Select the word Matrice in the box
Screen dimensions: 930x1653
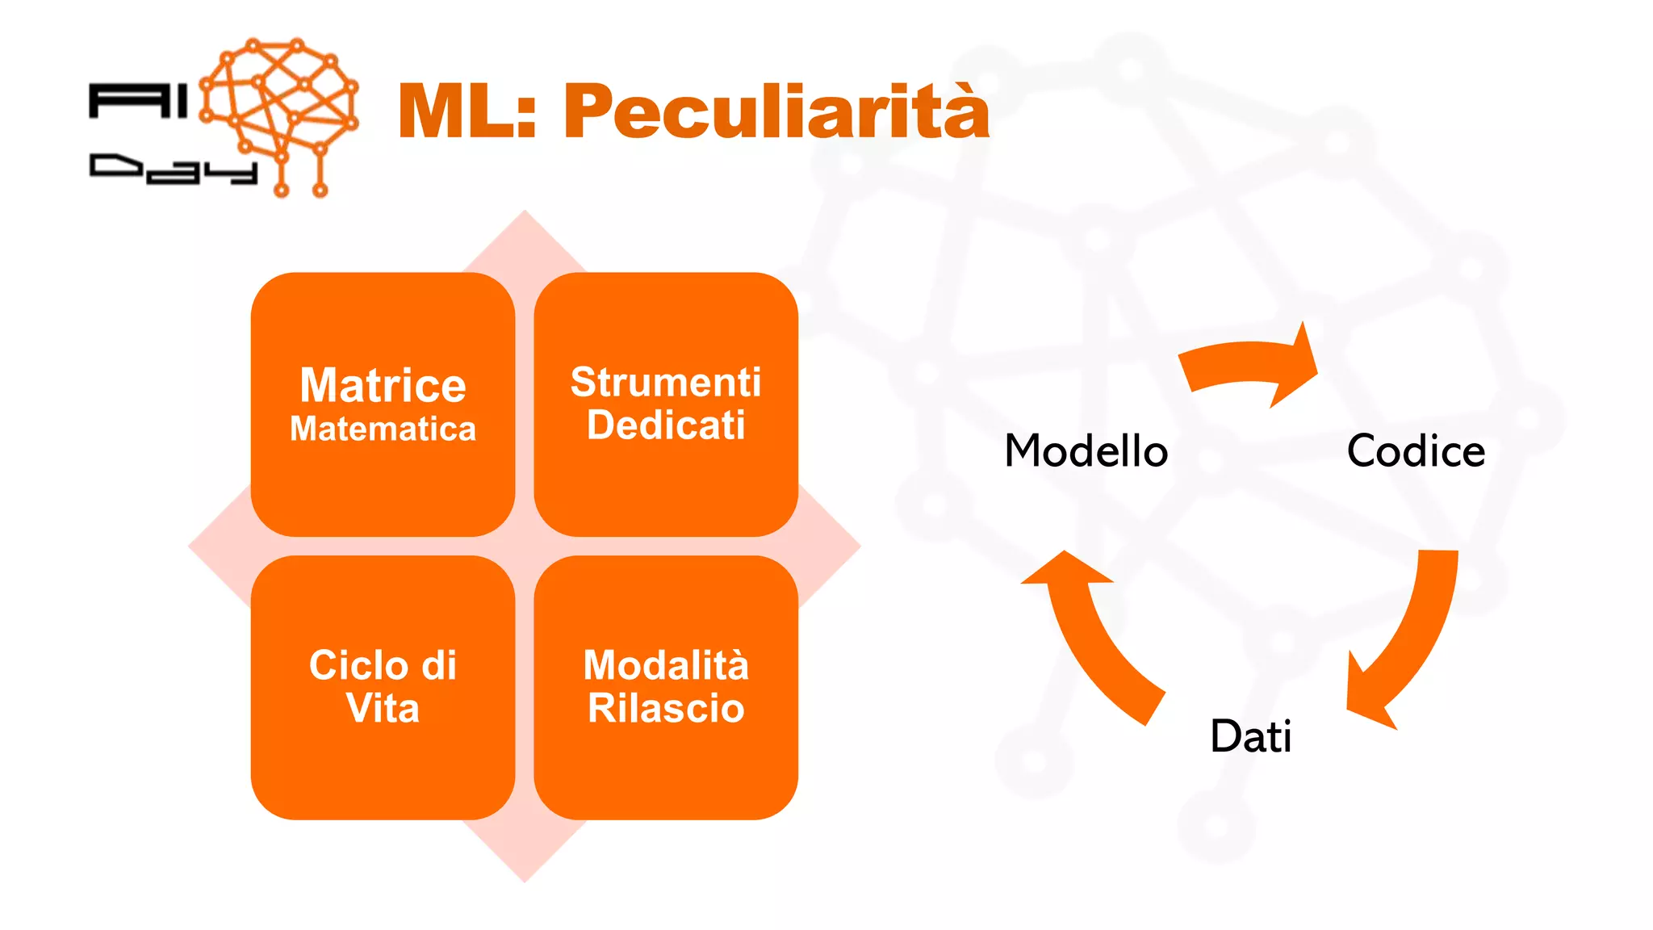(x=383, y=385)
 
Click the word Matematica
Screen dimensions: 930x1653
(x=383, y=429)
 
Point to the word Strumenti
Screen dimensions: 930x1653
(x=666, y=382)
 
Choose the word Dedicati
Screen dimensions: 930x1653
(x=666, y=425)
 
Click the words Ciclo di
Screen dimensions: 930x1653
(x=383, y=665)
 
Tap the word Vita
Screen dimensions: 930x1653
(x=383, y=709)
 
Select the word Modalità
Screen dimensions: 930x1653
(x=666, y=665)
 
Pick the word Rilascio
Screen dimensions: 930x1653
(x=666, y=709)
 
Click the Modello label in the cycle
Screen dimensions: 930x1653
(x=1086, y=450)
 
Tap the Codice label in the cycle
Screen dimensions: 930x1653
(x=1416, y=450)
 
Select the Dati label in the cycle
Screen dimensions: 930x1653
(x=1251, y=735)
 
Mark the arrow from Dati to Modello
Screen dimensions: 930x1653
(x=1090, y=634)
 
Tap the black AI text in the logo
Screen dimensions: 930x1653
(x=137, y=102)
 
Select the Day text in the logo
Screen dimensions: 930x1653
(x=173, y=169)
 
